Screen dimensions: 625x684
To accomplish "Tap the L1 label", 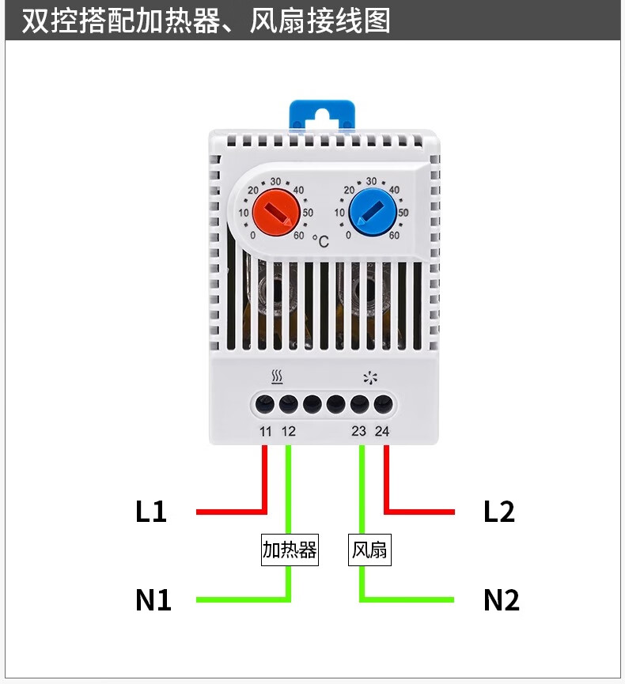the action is (150, 512).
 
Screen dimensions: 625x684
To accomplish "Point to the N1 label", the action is (153, 600).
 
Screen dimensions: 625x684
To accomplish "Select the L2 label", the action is (498, 512).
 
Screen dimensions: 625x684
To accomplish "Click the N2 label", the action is (501, 600).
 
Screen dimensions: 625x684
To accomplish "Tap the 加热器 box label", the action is (290, 550).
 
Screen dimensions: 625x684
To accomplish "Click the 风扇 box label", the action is (369, 550).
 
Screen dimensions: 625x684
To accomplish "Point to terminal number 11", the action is (266, 432).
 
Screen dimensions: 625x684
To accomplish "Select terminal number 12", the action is (288, 432).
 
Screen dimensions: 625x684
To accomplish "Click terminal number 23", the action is (359, 432).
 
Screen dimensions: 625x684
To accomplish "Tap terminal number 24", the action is (382, 432).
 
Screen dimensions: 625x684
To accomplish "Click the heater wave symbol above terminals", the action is (277, 376).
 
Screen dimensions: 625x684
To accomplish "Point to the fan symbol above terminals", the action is (369, 376).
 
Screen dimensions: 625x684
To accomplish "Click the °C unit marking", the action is (320, 240).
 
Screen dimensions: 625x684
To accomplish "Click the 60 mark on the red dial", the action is (299, 234).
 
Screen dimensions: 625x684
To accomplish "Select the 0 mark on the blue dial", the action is (348, 235).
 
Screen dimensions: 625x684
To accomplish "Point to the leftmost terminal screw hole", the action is (266, 404).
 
